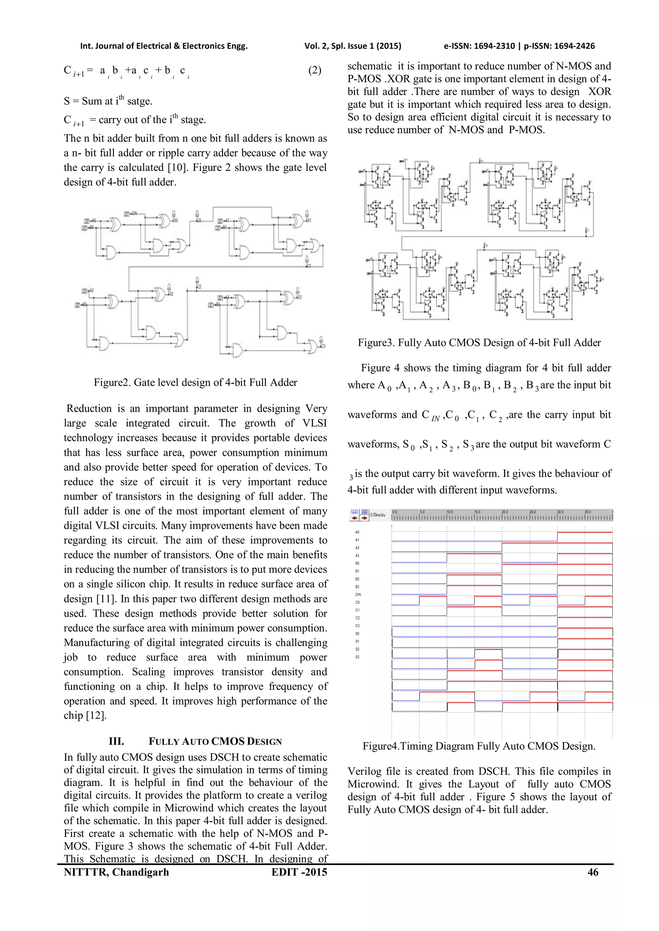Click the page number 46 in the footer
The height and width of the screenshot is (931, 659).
[593, 872]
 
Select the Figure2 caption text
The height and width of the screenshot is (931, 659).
[195, 382]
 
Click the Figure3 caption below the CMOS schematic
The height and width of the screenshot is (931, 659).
[479, 343]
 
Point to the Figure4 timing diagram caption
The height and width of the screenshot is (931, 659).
[479, 746]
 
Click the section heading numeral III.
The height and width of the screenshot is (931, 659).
[116, 741]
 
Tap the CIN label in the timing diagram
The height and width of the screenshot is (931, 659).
[358, 594]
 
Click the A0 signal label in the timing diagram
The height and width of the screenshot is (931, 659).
[357, 532]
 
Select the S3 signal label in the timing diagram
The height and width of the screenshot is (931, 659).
[357, 657]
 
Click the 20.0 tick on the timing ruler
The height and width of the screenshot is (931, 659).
[505, 512]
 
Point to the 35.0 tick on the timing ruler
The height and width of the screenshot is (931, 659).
[587, 512]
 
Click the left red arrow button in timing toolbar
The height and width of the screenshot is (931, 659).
[354, 518]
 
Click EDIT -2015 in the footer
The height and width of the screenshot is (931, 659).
[299, 872]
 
